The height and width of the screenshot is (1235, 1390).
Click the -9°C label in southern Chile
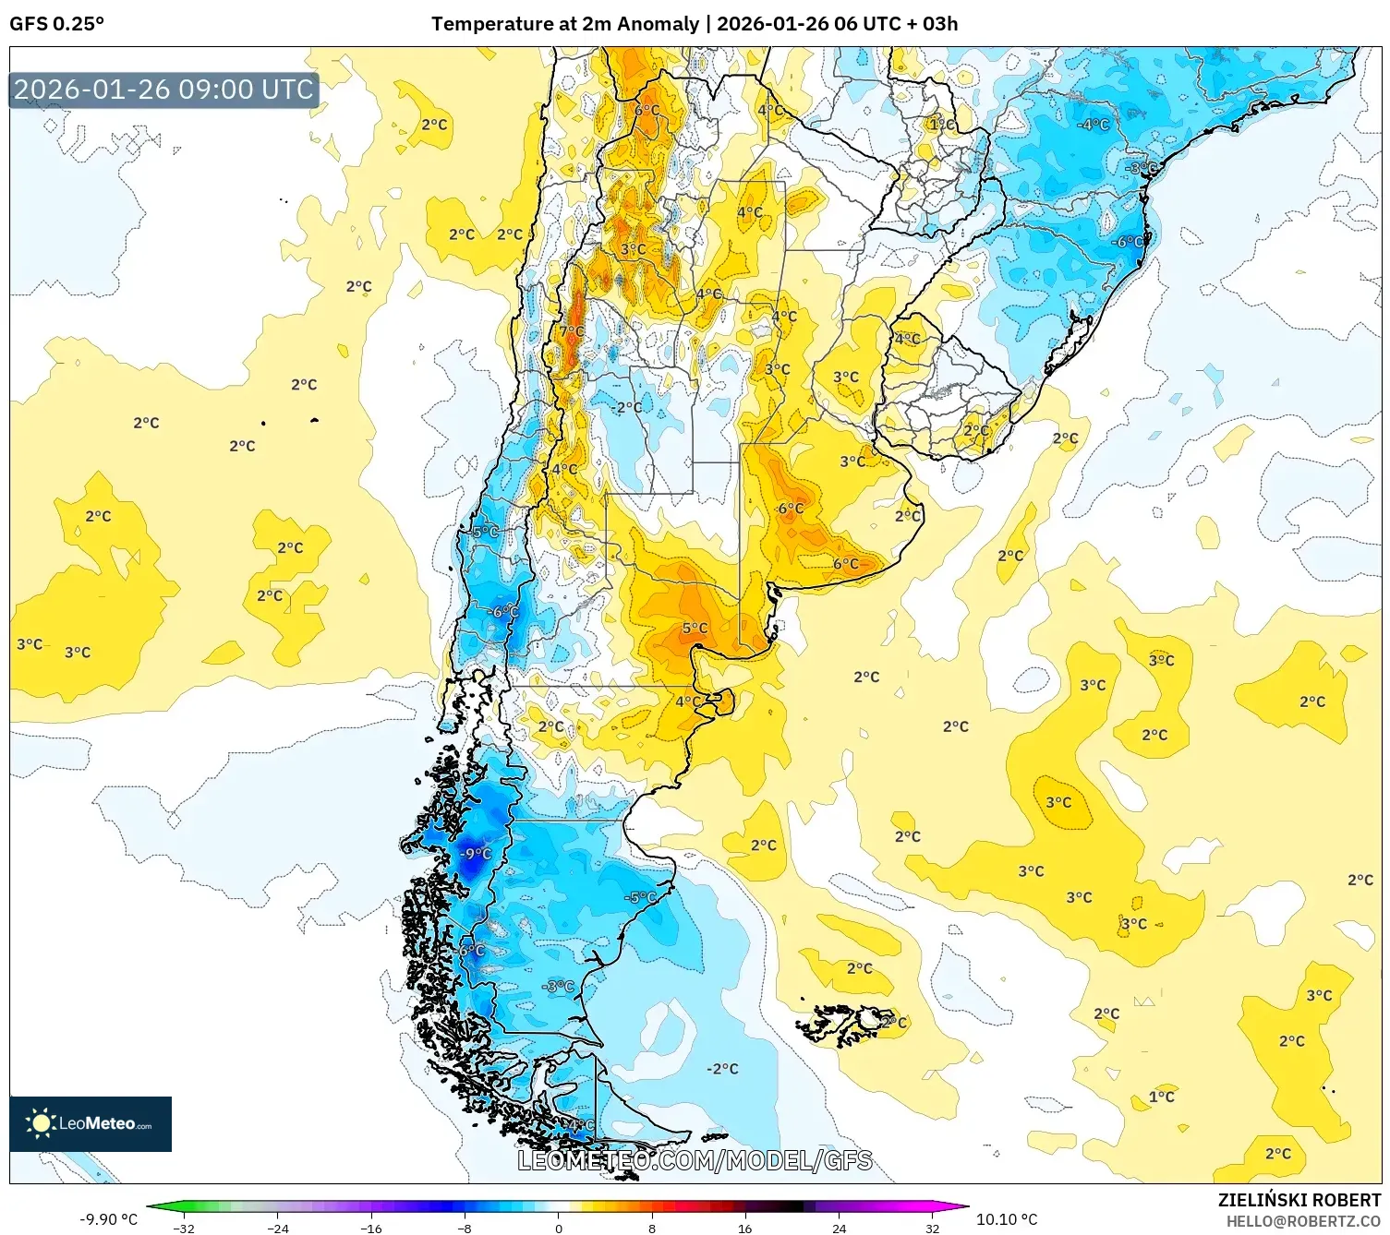476,854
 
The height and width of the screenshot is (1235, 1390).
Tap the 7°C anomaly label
572,331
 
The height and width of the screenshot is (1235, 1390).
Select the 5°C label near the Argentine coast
695,629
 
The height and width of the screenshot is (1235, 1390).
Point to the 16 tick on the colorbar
744,1228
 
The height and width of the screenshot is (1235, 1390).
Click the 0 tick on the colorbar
558,1228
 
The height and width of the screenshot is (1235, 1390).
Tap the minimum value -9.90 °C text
108,1219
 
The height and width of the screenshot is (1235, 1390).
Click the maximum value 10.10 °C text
1007,1219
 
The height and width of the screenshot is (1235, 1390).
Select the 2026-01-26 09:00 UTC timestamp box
164,90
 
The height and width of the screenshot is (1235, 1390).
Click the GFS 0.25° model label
56,24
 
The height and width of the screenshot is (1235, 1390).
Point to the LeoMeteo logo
91,1123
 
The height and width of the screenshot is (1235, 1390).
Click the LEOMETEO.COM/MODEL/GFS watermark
695,1160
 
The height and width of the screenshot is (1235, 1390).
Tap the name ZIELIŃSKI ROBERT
1299,1200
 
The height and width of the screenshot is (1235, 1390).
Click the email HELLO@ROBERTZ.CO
1302,1221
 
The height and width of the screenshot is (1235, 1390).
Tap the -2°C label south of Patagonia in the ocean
722,1069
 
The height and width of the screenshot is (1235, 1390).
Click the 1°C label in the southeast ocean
1161,1097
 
